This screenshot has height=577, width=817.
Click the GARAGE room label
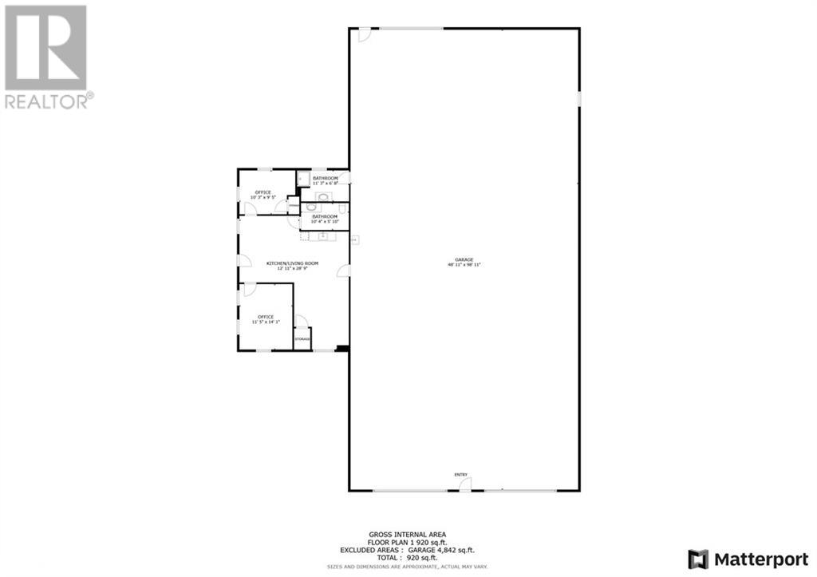(464, 259)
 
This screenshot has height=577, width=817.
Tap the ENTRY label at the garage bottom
(460, 474)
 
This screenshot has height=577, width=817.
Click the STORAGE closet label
(302, 339)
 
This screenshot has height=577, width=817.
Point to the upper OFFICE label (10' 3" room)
(262, 192)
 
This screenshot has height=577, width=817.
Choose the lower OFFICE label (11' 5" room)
(265, 317)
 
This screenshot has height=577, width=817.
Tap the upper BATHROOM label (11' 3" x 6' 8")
(325, 178)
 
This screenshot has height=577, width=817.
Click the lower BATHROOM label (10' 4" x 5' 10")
(324, 216)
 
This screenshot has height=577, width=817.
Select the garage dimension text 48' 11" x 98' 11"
(464, 265)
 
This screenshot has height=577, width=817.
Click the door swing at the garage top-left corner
(363, 34)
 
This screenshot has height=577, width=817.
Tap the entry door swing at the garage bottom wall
(464, 484)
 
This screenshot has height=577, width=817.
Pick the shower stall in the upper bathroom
(303, 179)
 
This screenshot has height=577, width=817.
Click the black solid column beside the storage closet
(341, 347)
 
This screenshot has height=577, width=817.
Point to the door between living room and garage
(344, 271)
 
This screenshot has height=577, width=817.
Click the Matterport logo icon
(698, 558)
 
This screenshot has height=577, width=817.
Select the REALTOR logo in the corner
(46, 56)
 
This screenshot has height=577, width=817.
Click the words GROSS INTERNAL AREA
(407, 535)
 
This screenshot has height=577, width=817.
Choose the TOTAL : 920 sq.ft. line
(408, 558)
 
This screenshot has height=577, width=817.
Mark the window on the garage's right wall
(578, 99)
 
